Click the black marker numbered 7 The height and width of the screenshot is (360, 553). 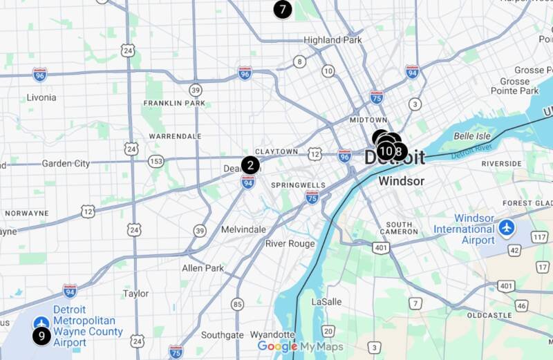click(x=282, y=10)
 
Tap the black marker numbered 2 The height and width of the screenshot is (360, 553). click(x=250, y=165)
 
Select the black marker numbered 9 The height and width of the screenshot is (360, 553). click(x=41, y=337)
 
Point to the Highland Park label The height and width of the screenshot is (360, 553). click(x=332, y=40)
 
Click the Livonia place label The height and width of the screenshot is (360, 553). click(x=41, y=97)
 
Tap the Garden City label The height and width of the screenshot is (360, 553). click(x=66, y=164)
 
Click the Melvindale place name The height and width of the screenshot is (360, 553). click(x=243, y=229)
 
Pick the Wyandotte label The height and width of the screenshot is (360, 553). click(x=272, y=334)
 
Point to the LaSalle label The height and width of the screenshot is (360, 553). click(x=326, y=302)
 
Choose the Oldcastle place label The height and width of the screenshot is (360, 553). click(x=489, y=315)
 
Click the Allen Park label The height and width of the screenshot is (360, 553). click(x=203, y=267)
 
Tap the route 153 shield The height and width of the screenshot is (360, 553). click(x=156, y=161)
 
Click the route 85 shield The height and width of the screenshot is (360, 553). click(x=238, y=304)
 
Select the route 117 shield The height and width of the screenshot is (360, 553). click(x=540, y=238)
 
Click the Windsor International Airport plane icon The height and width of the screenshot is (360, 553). click(x=507, y=227)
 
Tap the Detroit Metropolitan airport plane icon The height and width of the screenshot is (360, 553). click(x=41, y=321)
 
